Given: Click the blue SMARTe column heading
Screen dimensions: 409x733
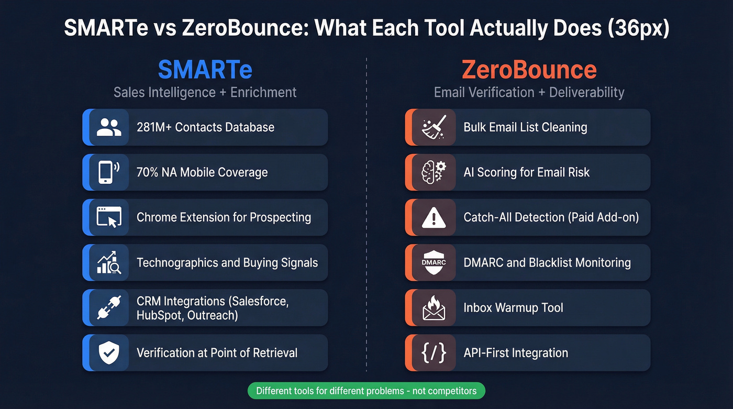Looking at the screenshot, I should pos(205,70).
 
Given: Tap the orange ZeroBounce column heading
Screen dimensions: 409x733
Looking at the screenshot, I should pos(529,70).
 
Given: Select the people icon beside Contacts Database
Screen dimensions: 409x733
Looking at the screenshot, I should pos(109,127).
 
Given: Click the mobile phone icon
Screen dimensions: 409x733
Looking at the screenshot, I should pos(108,172).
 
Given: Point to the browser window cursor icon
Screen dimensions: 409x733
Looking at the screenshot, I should pos(109,217).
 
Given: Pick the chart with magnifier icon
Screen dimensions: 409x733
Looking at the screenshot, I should pos(109,262).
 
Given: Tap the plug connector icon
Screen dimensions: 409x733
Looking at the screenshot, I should pos(109,308).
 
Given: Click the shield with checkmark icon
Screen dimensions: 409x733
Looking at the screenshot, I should pos(109,353).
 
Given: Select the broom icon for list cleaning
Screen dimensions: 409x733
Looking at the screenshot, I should pos(433,127).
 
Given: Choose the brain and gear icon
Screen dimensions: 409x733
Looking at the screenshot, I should pos(433,172).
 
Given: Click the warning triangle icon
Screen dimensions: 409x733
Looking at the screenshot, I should pos(433,217).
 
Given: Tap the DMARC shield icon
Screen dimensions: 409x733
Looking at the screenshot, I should pos(433,262).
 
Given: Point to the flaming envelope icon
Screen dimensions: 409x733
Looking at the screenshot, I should pos(433,308).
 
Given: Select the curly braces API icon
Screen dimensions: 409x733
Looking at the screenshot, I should pos(433,353).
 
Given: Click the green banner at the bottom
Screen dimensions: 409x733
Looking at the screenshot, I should pos(366,391).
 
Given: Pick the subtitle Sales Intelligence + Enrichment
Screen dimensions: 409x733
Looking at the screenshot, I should pos(205,93).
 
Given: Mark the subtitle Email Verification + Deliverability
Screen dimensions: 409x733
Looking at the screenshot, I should pos(529,93).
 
